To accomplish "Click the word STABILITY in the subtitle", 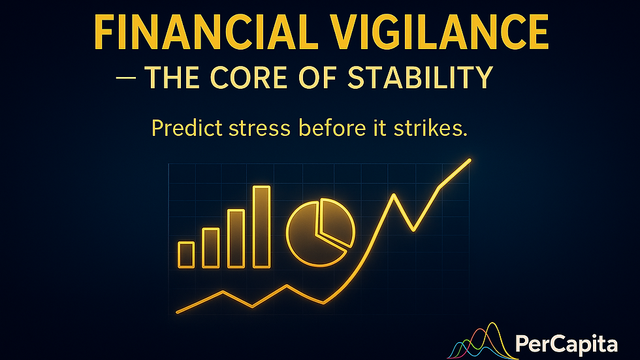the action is coord(421,77).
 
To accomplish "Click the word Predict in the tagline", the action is coord(187,128).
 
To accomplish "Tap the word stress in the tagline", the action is coord(260,129).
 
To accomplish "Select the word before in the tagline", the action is coord(332,128).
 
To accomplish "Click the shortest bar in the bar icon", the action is coord(186,255).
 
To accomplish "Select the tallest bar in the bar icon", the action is coord(262,227).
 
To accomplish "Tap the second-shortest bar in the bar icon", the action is coord(211,248).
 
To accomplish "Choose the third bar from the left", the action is coord(236,238).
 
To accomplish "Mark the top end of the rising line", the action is coord(470,161).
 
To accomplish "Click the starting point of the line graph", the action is coord(178,312).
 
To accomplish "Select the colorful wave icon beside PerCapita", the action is coord(482,341).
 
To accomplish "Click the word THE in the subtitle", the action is coord(172,77).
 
